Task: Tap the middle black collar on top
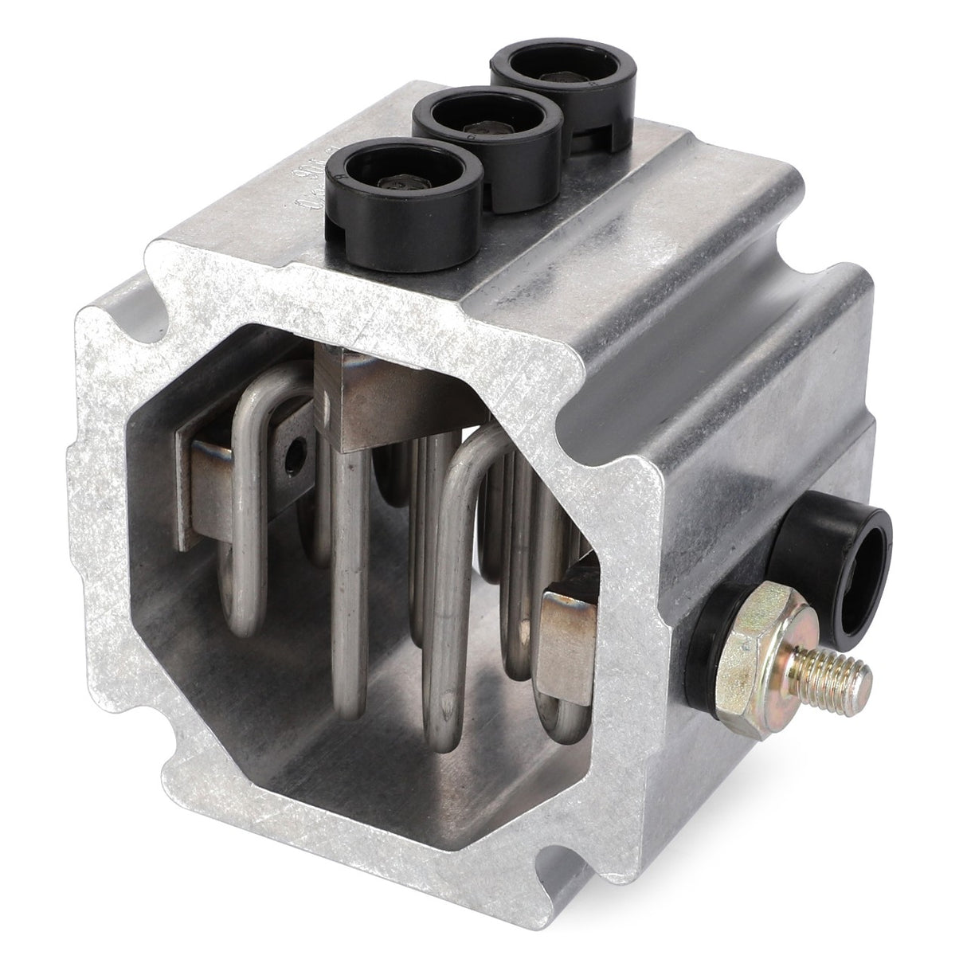pyautogui.click(x=487, y=127)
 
